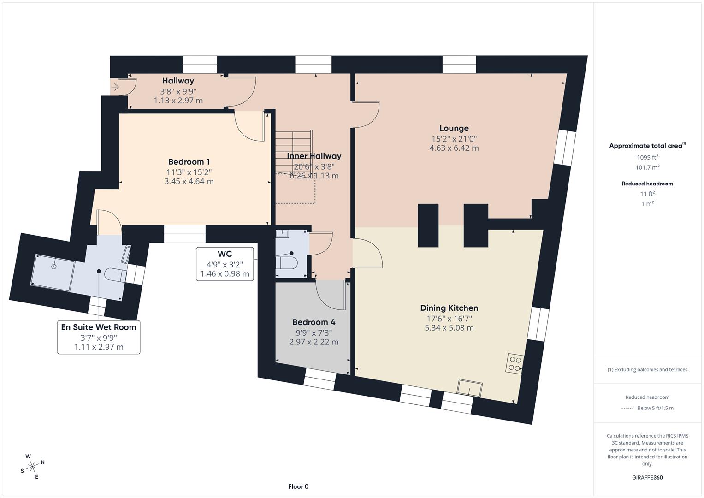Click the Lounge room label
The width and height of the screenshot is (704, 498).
(454, 129)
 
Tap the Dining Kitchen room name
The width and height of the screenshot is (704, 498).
(449, 308)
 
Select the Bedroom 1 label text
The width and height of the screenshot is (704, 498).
(189, 162)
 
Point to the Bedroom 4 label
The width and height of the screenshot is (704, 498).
(314, 322)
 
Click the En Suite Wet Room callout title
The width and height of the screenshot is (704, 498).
(99, 327)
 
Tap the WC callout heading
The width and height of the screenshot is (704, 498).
(225, 254)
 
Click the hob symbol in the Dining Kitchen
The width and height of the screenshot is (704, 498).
(515, 363)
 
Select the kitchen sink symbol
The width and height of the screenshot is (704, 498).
(470, 388)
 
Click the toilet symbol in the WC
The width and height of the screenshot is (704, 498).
(287, 263)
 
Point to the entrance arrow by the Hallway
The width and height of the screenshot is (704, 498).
(115, 86)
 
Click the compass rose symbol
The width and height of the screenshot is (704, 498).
(33, 467)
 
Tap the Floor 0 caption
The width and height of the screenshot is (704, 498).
(298, 486)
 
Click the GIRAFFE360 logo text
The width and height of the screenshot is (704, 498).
(647, 478)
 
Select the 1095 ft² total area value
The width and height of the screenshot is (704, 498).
(647, 157)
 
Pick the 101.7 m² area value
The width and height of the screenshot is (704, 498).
(647, 168)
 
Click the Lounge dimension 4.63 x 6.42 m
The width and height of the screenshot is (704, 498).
(454, 148)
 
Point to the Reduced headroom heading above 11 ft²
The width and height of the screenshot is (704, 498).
(647, 184)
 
